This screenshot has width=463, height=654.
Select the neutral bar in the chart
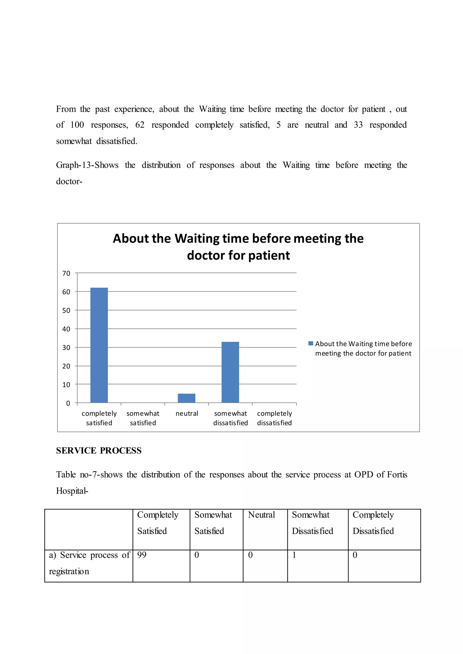pos(187,398)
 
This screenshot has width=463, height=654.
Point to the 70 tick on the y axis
pos(66,273)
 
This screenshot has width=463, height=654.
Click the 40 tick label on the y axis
pos(66,329)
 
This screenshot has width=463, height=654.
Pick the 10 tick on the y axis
pos(66,385)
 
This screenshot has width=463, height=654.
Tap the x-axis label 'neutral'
pos(187,413)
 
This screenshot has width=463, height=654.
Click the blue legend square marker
pos(311,343)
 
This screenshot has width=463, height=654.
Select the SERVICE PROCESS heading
pos(99,450)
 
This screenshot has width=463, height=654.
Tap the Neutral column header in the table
pos(261,514)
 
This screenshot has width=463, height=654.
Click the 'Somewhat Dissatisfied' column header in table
pos(312,523)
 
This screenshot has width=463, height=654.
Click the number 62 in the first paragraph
pos(140,125)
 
